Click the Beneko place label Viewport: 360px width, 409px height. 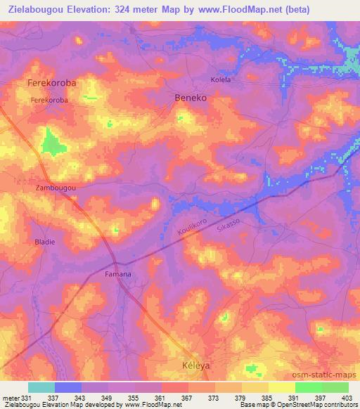[191, 98]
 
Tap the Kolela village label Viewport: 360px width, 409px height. [221, 80]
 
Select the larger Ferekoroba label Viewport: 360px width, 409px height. [51, 83]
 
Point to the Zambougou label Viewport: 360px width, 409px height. [55, 189]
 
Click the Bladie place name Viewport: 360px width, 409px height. [44, 242]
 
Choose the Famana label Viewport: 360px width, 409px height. [117, 273]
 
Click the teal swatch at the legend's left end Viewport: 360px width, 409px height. [41, 387]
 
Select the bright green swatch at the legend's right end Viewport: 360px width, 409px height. [335, 387]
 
